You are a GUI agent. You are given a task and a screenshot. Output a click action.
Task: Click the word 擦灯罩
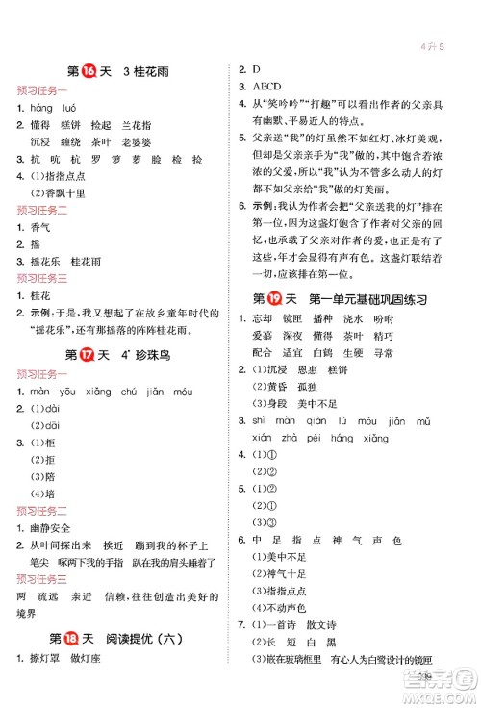[44, 685]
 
